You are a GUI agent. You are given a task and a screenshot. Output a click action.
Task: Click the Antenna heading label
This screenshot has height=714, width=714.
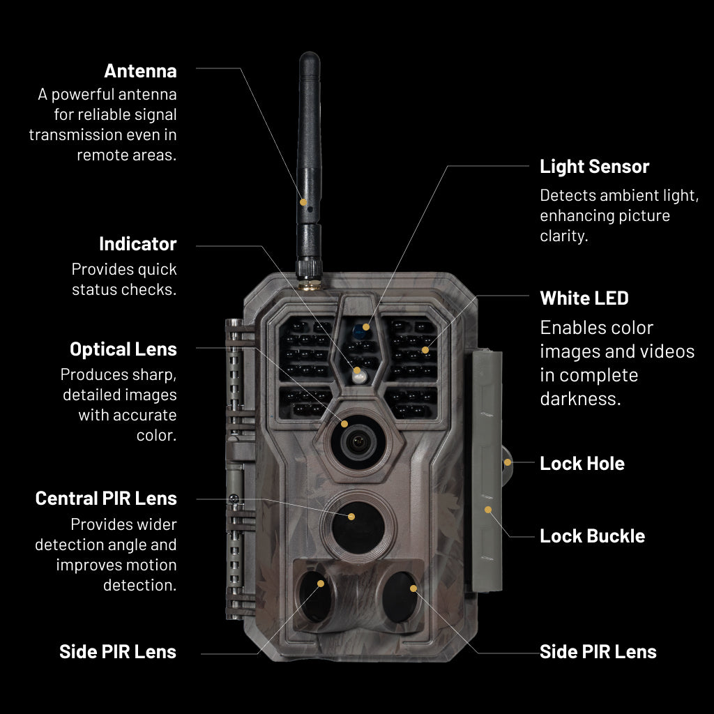pyautogui.click(x=140, y=71)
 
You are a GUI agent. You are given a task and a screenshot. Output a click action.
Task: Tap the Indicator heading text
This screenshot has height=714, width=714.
pyautogui.click(x=137, y=244)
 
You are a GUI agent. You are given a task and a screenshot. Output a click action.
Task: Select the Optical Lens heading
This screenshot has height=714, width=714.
pyautogui.click(x=123, y=349)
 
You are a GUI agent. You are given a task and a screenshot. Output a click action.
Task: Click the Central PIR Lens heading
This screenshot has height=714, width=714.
pyautogui.click(x=106, y=499)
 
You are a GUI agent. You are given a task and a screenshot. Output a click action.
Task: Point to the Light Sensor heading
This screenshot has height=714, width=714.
pyautogui.click(x=594, y=167)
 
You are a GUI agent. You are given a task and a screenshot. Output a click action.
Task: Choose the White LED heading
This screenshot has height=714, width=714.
pyautogui.click(x=584, y=298)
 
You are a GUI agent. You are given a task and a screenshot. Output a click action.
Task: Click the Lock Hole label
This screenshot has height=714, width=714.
pyautogui.click(x=582, y=464)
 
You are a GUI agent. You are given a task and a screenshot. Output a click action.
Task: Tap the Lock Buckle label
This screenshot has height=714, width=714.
pyautogui.click(x=592, y=536)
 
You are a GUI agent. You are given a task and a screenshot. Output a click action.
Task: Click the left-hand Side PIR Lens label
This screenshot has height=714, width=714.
pyautogui.click(x=118, y=652)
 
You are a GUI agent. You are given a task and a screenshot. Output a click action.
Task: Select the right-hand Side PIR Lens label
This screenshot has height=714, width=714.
pyautogui.click(x=598, y=652)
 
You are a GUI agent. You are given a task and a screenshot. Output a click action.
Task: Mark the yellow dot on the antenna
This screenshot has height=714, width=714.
pyautogui.click(x=303, y=202)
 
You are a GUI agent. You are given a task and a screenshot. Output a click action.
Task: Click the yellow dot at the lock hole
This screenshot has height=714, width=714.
pyautogui.click(x=508, y=462)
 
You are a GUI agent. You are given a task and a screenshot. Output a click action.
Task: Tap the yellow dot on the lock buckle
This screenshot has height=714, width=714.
pyautogui.click(x=488, y=509)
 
